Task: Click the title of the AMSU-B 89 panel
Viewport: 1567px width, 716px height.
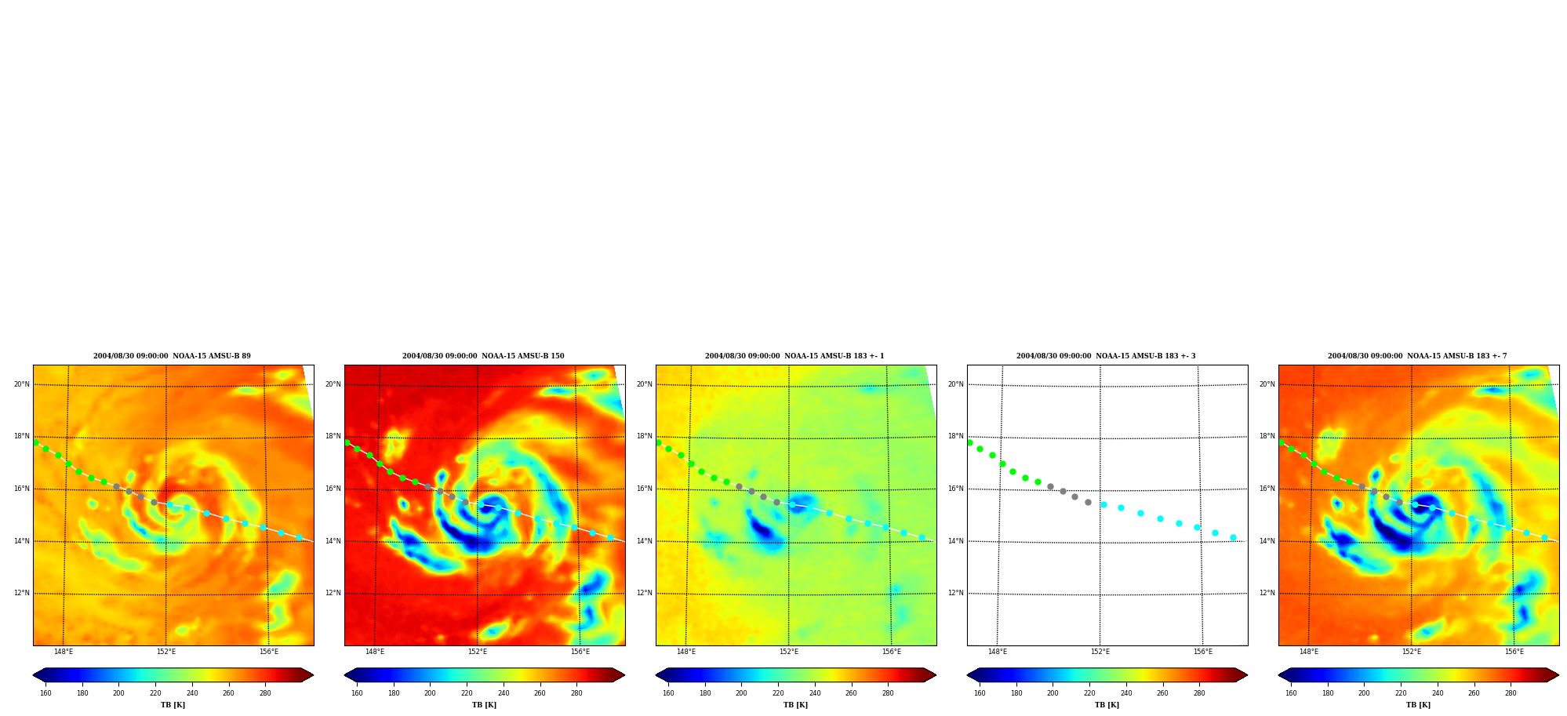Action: [172, 356]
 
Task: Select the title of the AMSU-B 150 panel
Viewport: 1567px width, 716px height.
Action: [483, 356]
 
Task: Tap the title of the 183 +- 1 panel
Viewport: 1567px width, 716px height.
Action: [794, 356]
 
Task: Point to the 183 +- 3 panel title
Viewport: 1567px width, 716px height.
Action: [1106, 356]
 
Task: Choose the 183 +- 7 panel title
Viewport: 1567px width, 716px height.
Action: [1417, 356]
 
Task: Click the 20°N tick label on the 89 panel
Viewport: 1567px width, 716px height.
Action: [22, 384]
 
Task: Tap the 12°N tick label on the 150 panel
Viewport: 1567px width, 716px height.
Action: [333, 593]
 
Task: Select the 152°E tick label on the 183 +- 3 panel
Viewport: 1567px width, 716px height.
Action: [1100, 652]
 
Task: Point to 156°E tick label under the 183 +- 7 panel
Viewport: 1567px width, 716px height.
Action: [1514, 652]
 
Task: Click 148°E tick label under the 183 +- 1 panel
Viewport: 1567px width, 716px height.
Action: [686, 652]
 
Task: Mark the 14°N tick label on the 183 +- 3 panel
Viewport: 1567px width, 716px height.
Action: [956, 541]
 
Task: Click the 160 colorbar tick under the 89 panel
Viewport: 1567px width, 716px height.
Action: [45, 693]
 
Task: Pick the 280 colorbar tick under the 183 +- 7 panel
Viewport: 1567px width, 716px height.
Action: [1511, 693]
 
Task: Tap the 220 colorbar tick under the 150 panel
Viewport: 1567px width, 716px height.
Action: [467, 693]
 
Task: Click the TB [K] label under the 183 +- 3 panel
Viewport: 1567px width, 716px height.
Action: [1107, 705]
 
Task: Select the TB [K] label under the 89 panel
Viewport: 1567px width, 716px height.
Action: [173, 705]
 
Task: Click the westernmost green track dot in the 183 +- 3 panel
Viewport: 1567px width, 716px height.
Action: [969, 442]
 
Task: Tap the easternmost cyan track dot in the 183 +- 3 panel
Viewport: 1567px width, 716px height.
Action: [1233, 537]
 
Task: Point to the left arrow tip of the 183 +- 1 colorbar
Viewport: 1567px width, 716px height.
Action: [656, 675]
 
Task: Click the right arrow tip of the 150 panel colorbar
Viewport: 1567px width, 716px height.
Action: [624, 675]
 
